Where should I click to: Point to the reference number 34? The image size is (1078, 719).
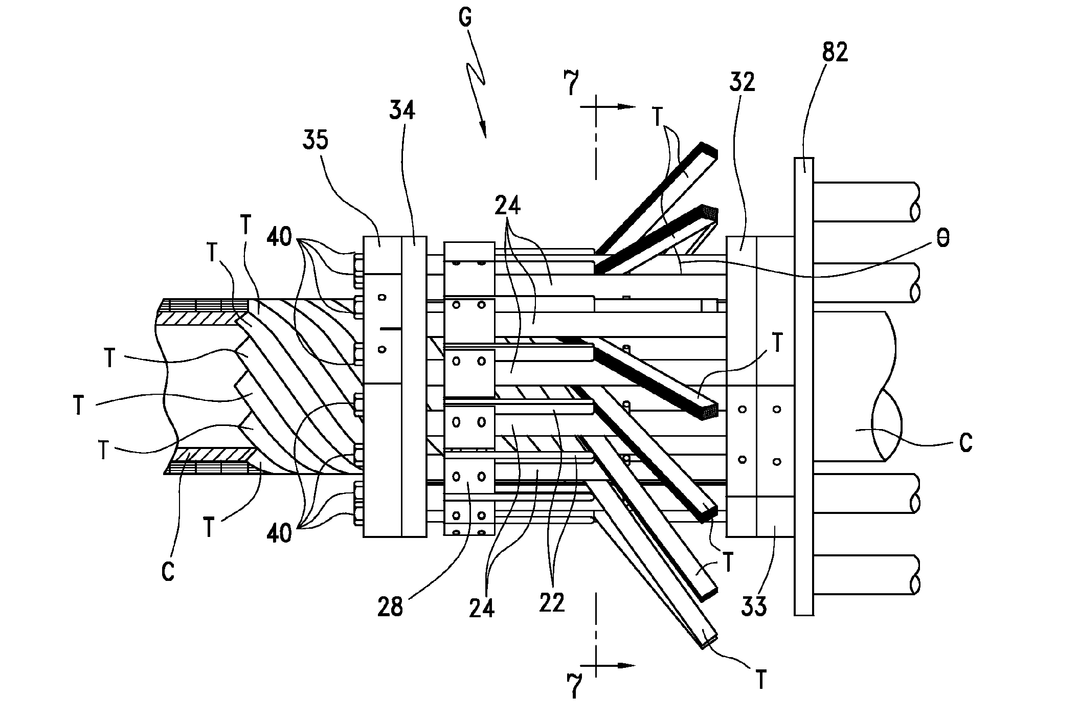pyautogui.click(x=402, y=110)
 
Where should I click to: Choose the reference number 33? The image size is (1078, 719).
pyautogui.click(x=753, y=607)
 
